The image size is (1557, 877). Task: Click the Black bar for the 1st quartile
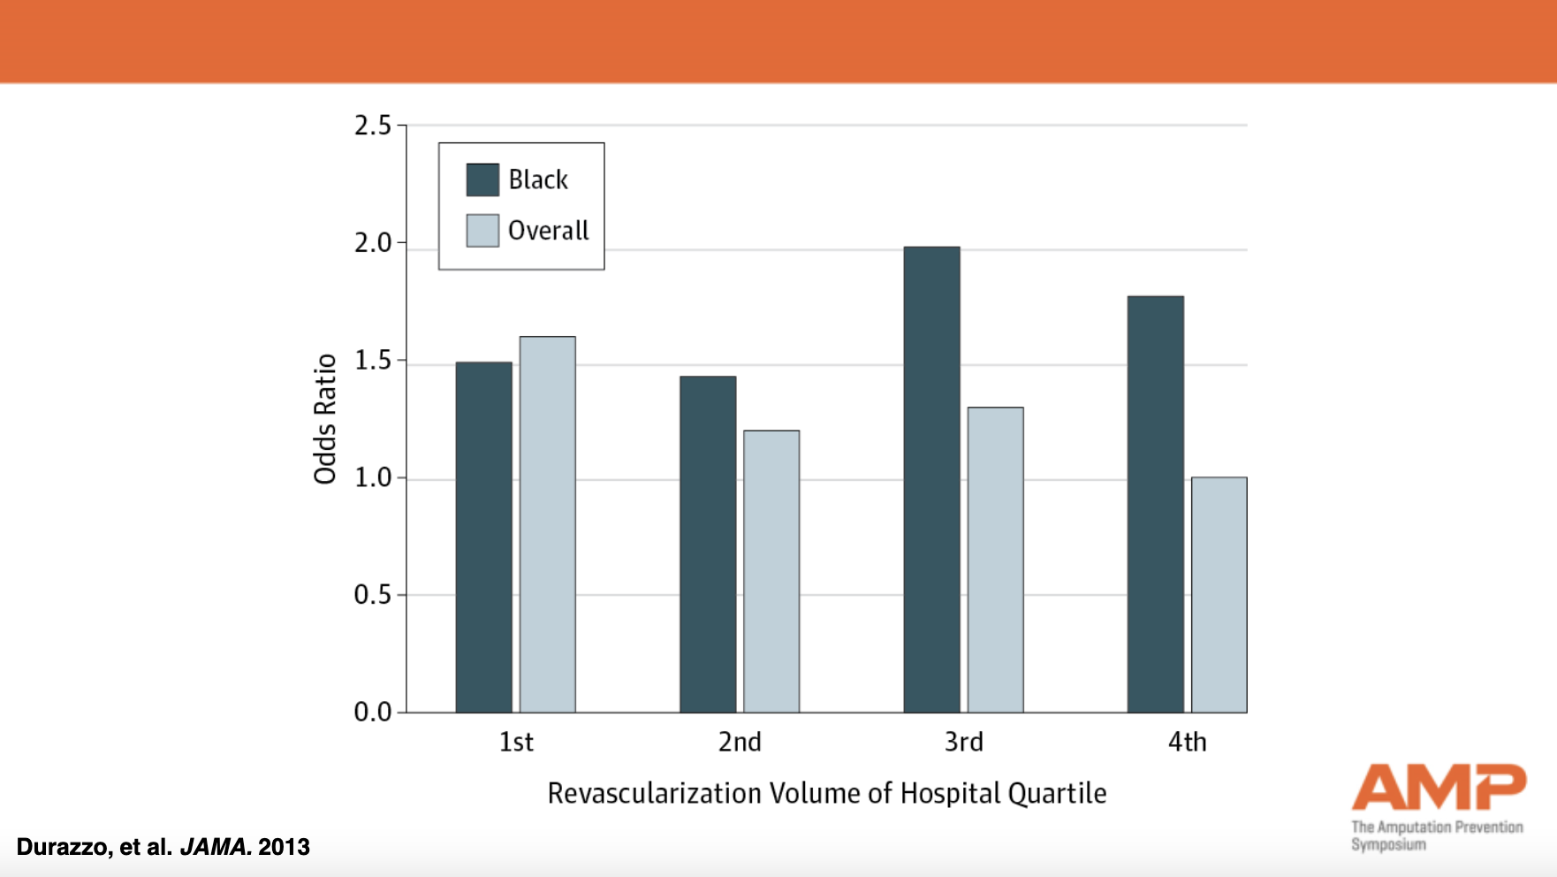(483, 537)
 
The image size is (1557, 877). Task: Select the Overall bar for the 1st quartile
(547, 524)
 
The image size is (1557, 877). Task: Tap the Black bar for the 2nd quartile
(708, 544)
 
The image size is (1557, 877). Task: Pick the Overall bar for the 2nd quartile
(771, 571)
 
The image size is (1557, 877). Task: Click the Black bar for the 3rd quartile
(931, 479)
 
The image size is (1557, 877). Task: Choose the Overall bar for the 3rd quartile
(995, 560)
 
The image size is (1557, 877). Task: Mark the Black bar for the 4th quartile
(1155, 504)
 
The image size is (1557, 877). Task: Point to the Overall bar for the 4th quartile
(1219, 595)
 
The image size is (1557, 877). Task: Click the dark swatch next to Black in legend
(482, 179)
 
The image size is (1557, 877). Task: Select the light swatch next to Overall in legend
(482, 231)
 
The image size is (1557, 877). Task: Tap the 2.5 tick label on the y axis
(372, 126)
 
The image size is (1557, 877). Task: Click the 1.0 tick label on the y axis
(372, 477)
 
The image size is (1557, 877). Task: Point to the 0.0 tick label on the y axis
(372, 712)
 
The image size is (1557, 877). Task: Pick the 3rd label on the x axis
(963, 742)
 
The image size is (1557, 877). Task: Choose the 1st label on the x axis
(516, 742)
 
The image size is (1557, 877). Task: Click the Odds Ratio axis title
(325, 419)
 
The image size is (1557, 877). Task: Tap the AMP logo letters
(1438, 787)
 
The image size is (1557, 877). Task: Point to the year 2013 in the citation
(284, 847)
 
